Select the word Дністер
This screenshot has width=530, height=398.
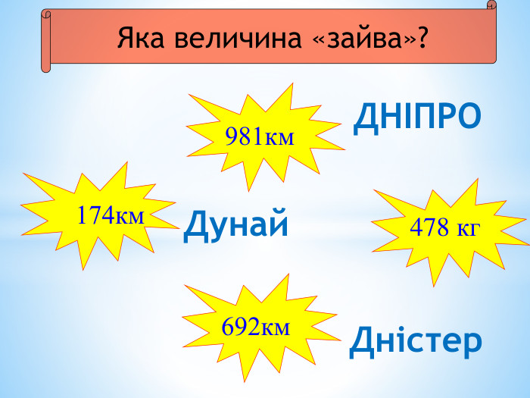pos(415,342)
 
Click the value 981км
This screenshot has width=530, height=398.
pos(259,136)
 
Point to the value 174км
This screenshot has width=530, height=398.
pos(110,215)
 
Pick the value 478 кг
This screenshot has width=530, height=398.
pos(444,227)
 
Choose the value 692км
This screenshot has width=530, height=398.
pos(255,327)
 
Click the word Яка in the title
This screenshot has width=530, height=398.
pos(141,37)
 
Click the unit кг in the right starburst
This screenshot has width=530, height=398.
pos(468,227)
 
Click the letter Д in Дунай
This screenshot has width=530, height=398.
pos(195,224)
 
